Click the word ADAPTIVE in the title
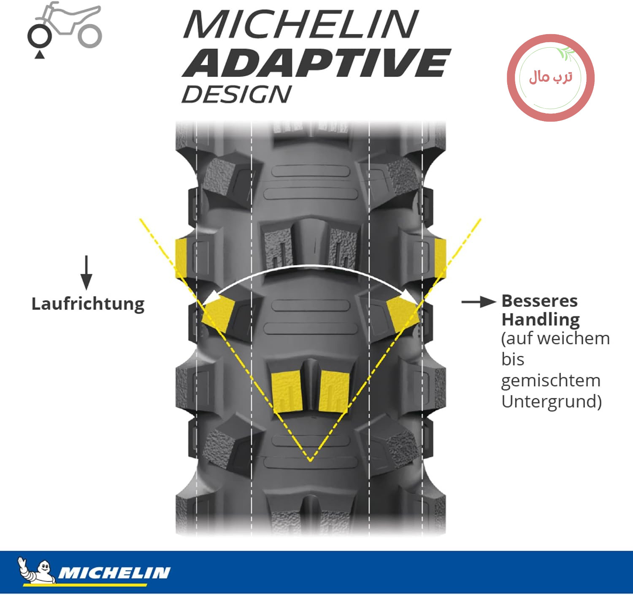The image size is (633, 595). pyautogui.click(x=316, y=63)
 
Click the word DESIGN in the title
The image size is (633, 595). pyautogui.click(x=236, y=94)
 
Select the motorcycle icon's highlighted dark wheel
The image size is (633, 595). pyautogui.click(x=40, y=36)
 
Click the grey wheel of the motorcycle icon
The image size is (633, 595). pyautogui.click(x=89, y=36)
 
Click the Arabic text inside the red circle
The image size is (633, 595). pyautogui.click(x=550, y=78)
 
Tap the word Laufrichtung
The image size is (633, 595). pyautogui.click(x=88, y=304)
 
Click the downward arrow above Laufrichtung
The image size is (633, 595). pyautogui.click(x=87, y=272)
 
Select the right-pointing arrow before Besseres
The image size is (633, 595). pyautogui.click(x=479, y=302)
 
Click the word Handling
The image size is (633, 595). pyautogui.click(x=541, y=320)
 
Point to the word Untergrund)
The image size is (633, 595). pyautogui.click(x=552, y=401)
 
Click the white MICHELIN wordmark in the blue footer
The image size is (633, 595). pyautogui.click(x=114, y=573)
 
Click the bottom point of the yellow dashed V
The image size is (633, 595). pyautogui.click(x=310, y=461)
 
